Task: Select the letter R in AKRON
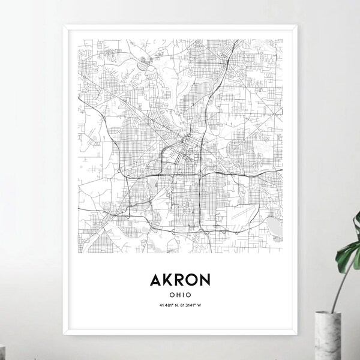(x=181, y=280)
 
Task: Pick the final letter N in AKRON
(x=211, y=280)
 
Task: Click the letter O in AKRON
(x=196, y=280)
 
